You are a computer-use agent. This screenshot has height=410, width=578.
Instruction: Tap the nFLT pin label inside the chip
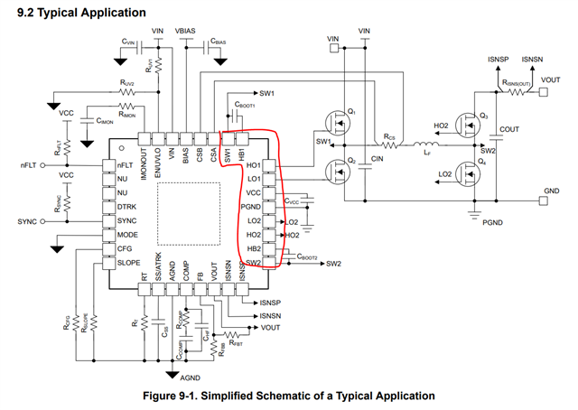tap(126, 166)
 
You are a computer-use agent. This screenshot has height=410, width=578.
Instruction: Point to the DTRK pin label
tap(128, 207)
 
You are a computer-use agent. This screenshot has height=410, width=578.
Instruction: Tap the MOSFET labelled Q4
tap(466, 171)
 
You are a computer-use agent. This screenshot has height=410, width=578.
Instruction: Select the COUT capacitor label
tap(509, 130)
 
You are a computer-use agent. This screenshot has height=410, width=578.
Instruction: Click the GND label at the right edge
tap(552, 191)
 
